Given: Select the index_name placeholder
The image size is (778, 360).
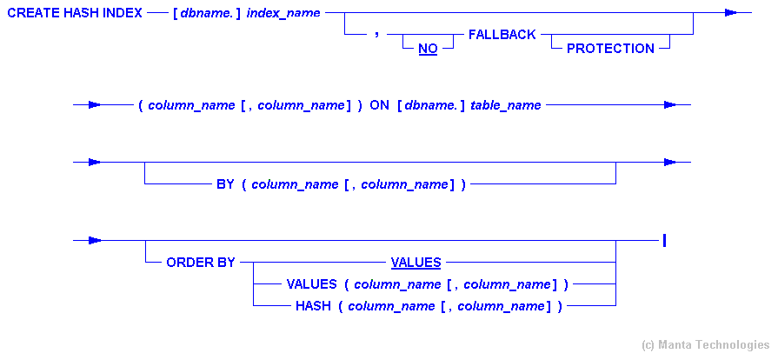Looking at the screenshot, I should click(x=283, y=13).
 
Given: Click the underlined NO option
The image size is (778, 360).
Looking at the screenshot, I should click(x=428, y=49).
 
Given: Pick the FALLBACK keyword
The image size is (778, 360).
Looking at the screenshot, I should click(x=502, y=35).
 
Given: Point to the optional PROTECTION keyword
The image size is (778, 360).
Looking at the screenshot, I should click(x=610, y=49).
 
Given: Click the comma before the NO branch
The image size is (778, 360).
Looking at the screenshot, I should click(x=376, y=35).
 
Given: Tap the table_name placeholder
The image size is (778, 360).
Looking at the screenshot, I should click(x=506, y=105).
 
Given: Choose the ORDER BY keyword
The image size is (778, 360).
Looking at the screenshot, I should click(x=201, y=262).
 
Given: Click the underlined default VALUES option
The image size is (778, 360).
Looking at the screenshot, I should click(x=416, y=262).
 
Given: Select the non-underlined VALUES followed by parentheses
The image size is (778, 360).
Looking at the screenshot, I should click(x=310, y=284).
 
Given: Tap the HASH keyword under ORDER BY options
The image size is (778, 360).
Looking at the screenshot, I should click(x=313, y=306).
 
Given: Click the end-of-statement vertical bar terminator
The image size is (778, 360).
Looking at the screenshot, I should click(x=664, y=240).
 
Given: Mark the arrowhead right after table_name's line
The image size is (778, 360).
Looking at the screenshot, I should click(x=669, y=105).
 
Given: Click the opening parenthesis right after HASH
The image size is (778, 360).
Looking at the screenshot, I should click(x=341, y=306).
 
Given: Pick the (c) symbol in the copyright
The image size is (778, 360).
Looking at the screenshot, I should click(x=649, y=345).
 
